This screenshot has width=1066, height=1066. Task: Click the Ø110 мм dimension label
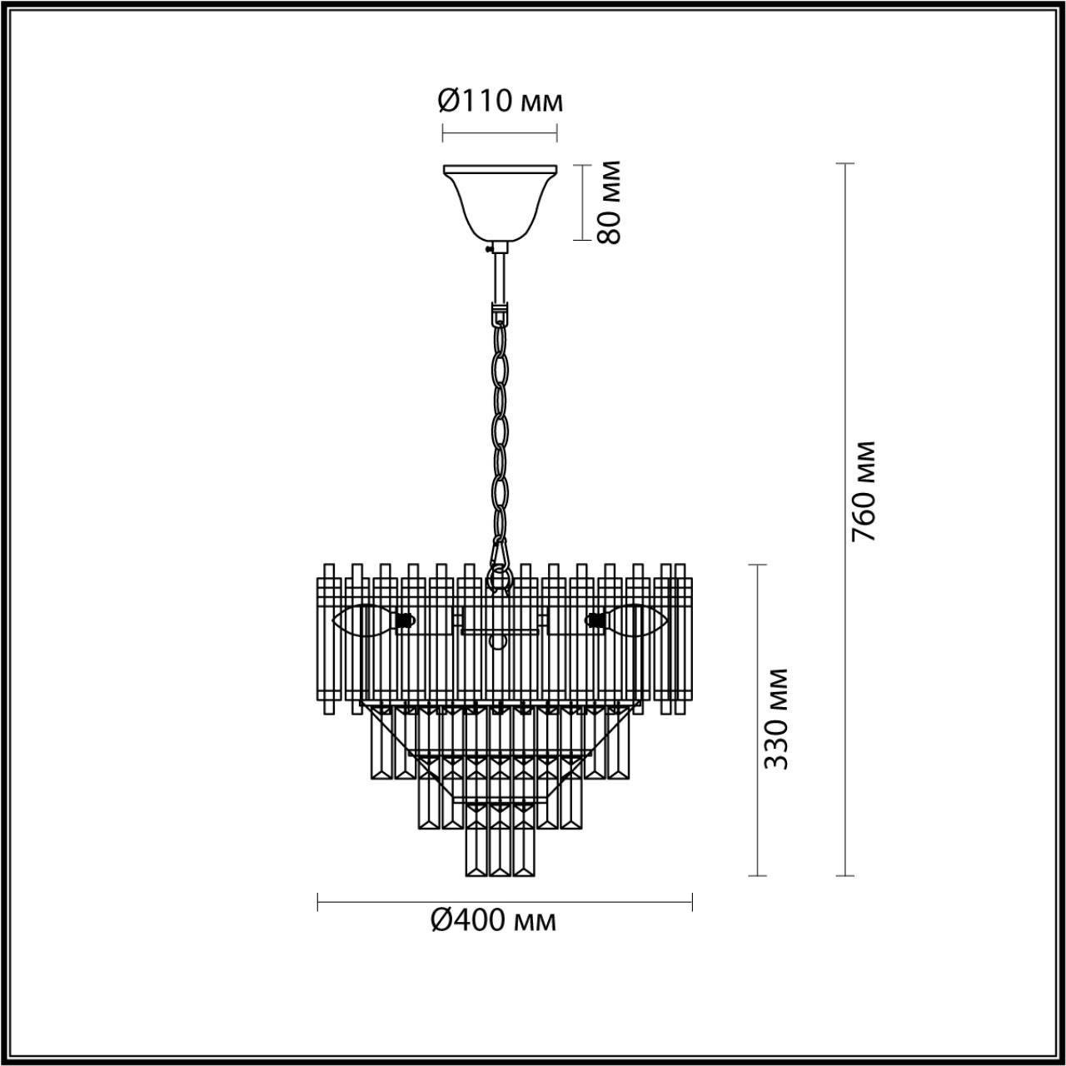tap(500, 102)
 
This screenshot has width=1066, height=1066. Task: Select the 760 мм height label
tap(864, 491)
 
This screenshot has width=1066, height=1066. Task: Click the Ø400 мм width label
tap(493, 920)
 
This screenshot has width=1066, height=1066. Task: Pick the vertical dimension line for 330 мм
tap(757, 720)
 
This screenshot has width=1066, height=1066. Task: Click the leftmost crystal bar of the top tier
tap(328, 637)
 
